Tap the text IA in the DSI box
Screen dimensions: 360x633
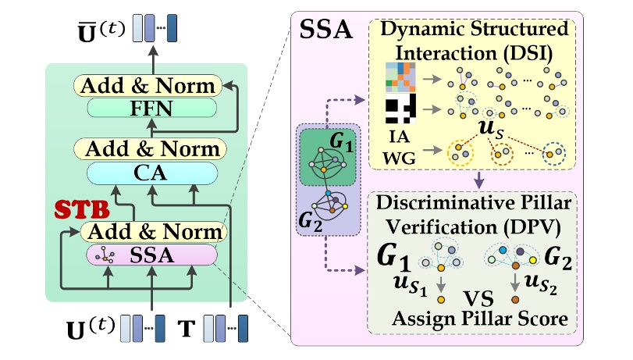click(397, 135)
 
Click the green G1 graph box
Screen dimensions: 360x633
click(329, 159)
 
